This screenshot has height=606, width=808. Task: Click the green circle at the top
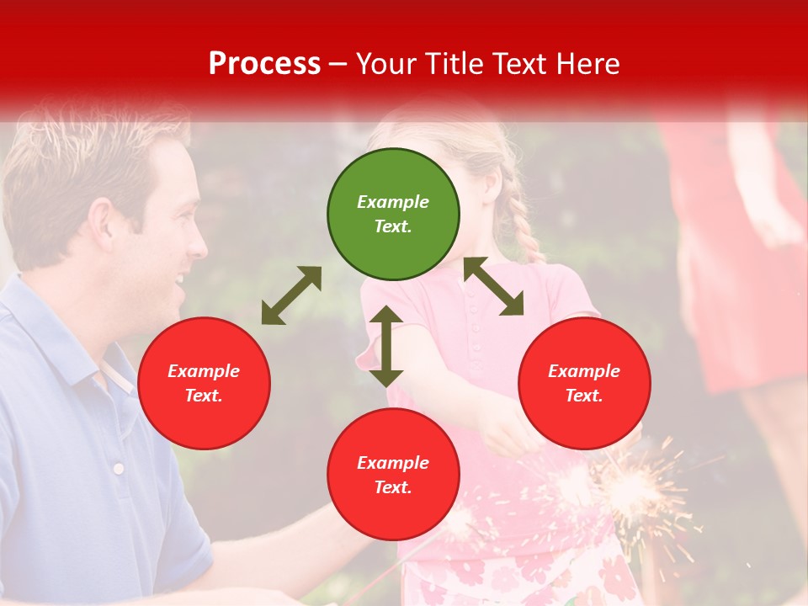393,215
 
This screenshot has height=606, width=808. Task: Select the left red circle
204,383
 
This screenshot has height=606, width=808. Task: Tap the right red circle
584,383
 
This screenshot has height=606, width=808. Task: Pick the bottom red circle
393,475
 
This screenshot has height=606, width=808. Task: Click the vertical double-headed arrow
386,346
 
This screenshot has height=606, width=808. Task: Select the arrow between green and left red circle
291,295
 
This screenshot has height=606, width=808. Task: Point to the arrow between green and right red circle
494,286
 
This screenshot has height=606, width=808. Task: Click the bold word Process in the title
264,64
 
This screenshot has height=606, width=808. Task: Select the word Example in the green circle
393,202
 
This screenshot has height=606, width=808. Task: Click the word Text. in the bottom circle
393,487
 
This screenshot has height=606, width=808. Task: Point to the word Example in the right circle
584,371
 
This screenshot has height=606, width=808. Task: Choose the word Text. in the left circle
204,396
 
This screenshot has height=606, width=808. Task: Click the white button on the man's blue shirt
119,468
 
